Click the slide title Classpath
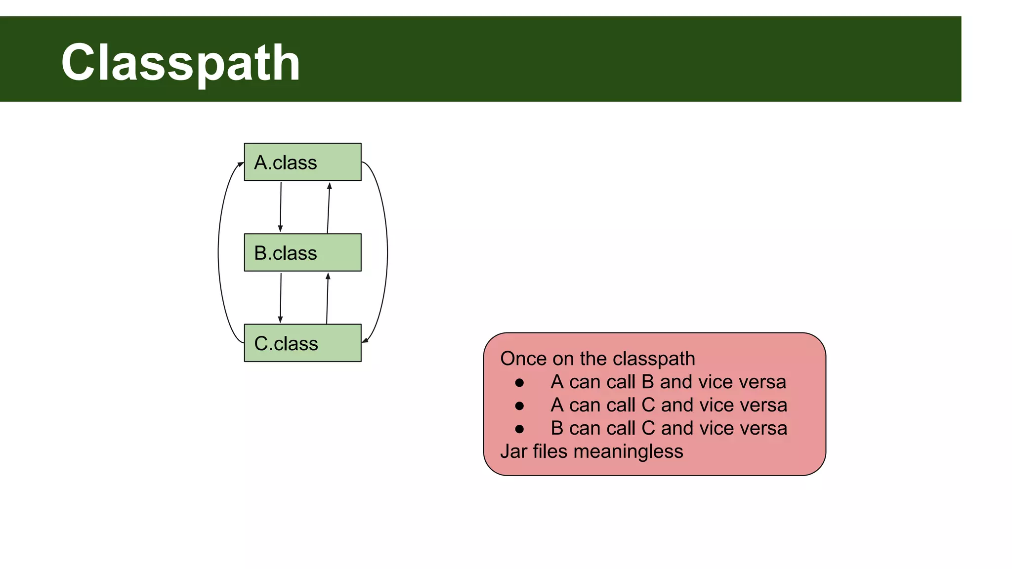point(181,63)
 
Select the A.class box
point(302,162)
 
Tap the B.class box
point(302,252)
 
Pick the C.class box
point(302,343)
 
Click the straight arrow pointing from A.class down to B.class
point(281,207)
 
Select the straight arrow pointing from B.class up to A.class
point(329,207)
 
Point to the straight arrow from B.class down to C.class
point(281,297)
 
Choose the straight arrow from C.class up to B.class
point(327,298)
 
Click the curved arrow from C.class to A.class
point(219,252)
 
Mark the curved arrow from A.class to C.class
point(387,252)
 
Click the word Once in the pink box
point(523,359)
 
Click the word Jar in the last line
point(514,451)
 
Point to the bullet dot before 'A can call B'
point(519,383)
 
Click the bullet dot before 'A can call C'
point(519,406)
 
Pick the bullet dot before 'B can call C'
point(519,429)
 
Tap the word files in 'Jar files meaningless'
point(550,451)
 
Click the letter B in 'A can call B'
point(647,382)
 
